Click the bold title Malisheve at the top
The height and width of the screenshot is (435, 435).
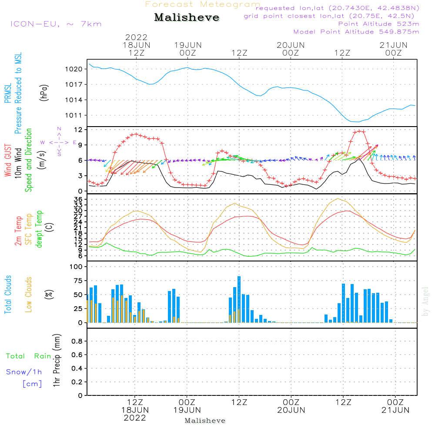pyautogui.click(x=187, y=18)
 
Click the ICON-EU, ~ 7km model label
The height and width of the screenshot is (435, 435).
pyautogui.click(x=56, y=24)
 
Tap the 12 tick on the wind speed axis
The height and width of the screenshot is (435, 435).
pyautogui.click(x=79, y=130)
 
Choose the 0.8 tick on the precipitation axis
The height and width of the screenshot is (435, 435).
pyautogui.click(x=77, y=341)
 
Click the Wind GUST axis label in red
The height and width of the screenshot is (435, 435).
pyautogui.click(x=8, y=161)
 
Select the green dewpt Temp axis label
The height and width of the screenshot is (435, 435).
pyautogui.click(x=40, y=229)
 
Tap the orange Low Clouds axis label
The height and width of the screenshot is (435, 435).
pyautogui.click(x=29, y=294)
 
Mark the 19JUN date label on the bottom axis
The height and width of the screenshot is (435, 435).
pyautogui.click(x=187, y=410)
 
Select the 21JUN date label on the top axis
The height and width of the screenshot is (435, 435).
pyautogui.click(x=394, y=45)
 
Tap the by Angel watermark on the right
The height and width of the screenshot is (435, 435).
pyautogui.click(x=426, y=301)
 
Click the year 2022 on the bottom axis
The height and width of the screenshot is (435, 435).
pyautogui.click(x=135, y=418)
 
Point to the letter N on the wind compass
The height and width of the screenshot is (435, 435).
pyautogui.click(x=59, y=129)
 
